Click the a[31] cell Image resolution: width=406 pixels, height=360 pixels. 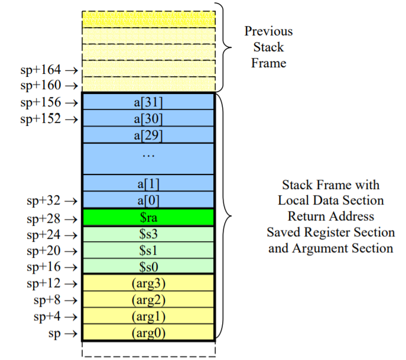(x=148, y=102)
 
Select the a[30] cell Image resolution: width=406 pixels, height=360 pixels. (x=148, y=118)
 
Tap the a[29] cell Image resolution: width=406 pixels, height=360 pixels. (x=148, y=135)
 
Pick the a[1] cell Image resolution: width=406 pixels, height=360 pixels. (x=148, y=183)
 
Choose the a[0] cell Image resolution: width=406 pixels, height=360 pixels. (x=148, y=200)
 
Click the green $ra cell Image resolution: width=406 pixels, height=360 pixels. (x=148, y=218)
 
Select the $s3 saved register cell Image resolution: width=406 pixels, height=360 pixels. (x=148, y=234)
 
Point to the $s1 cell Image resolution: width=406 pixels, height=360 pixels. (x=148, y=250)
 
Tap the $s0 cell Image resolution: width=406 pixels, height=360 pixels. (x=148, y=266)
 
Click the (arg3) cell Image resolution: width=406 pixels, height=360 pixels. (x=148, y=283)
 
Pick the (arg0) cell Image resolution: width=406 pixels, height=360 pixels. (x=148, y=332)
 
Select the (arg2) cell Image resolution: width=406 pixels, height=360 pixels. (x=148, y=299)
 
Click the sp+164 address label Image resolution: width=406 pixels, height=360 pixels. (x=41, y=70)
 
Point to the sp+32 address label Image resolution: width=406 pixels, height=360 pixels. (x=44, y=201)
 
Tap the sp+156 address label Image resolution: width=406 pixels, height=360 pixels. (x=41, y=102)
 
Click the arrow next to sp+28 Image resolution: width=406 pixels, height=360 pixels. (x=71, y=219)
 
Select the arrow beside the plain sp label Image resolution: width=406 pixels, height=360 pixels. (x=71, y=333)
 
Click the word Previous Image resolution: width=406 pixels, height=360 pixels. (x=268, y=31)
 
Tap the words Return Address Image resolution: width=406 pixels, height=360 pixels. (x=331, y=216)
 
